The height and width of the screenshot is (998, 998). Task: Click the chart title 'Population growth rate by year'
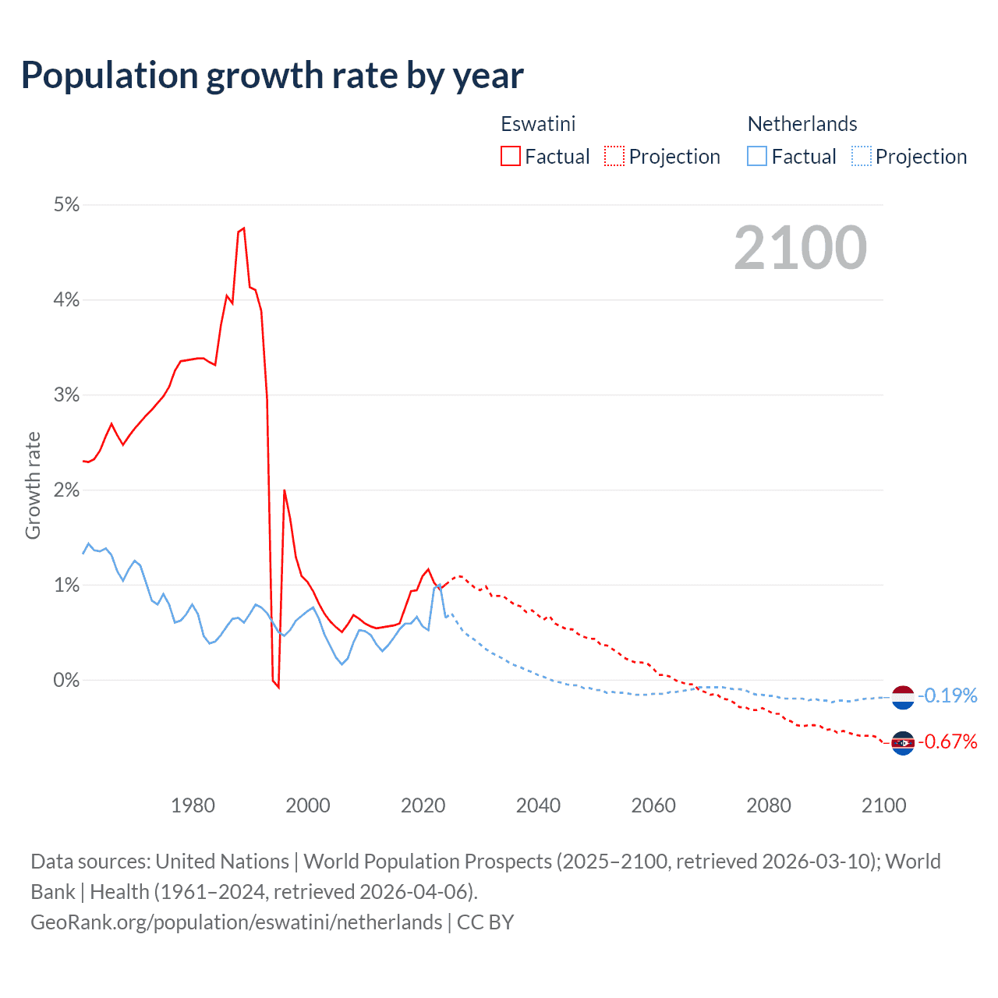(272, 76)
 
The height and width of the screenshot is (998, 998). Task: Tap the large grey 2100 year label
(800, 248)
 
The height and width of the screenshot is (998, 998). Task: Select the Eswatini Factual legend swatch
(511, 157)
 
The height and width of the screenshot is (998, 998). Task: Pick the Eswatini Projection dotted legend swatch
(614, 157)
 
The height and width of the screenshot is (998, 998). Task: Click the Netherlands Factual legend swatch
(757, 157)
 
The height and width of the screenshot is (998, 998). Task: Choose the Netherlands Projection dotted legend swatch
(862, 157)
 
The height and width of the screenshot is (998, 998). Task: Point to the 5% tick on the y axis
(66, 205)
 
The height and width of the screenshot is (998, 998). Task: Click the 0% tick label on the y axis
(66, 681)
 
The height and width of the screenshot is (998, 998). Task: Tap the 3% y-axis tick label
(66, 395)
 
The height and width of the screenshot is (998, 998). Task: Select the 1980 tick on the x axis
(193, 805)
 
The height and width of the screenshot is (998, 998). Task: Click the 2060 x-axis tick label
(653, 805)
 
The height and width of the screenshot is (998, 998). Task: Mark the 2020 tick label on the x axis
(423, 805)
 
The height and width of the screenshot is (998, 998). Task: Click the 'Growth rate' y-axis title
(33, 485)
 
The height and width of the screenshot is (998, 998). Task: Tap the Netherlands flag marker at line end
(902, 697)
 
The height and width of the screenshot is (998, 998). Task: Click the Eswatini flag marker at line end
(902, 743)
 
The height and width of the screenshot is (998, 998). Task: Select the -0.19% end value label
(947, 695)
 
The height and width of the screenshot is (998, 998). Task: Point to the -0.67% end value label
(947, 741)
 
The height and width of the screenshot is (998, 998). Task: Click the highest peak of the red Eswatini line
(244, 228)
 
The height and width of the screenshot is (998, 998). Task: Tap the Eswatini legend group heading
(538, 124)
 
